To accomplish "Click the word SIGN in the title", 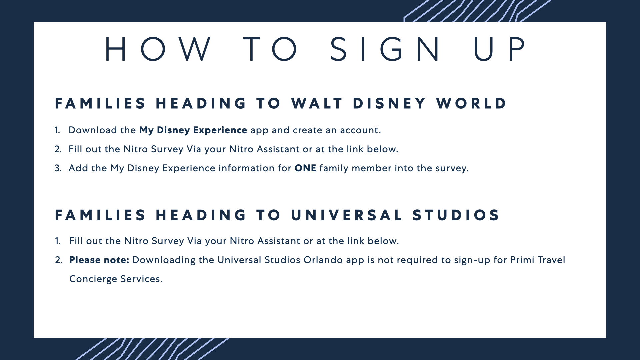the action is click(385, 49).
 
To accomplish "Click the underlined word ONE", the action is click(305, 168).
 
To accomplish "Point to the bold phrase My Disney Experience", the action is click(193, 130).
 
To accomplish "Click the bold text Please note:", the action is click(99, 260).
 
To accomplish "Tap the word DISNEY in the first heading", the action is click(389, 103).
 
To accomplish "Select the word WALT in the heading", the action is click(317, 103).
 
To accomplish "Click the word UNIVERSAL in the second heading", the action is click(347, 215).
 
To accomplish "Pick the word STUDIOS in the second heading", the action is click(456, 215).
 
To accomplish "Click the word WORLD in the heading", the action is click(471, 103).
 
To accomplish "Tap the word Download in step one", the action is click(93, 130).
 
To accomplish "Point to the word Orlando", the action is click(323, 260).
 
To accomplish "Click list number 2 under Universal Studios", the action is click(59, 260).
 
